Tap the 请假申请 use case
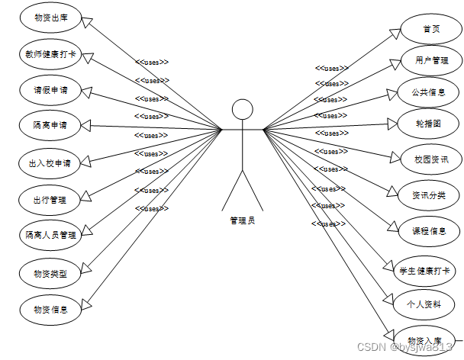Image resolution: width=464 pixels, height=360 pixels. click(x=52, y=88)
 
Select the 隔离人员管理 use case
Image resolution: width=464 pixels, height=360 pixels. click(x=52, y=235)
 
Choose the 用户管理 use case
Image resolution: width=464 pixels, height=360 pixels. click(x=431, y=60)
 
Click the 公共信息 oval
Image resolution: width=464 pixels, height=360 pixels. click(x=431, y=92)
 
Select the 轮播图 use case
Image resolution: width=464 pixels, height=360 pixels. click(x=431, y=124)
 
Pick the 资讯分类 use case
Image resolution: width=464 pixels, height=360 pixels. click(x=431, y=194)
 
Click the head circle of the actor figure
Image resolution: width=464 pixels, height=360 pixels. click(x=243, y=109)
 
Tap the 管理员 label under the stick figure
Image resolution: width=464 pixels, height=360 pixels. click(x=243, y=220)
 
